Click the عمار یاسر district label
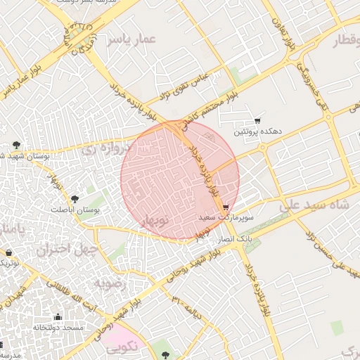(130, 41)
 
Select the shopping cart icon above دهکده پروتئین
(257, 120)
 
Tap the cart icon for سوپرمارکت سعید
(225, 207)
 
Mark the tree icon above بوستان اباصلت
(75, 199)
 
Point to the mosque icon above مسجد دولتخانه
(57, 317)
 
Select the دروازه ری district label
(105, 149)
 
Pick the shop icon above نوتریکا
(8, 252)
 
